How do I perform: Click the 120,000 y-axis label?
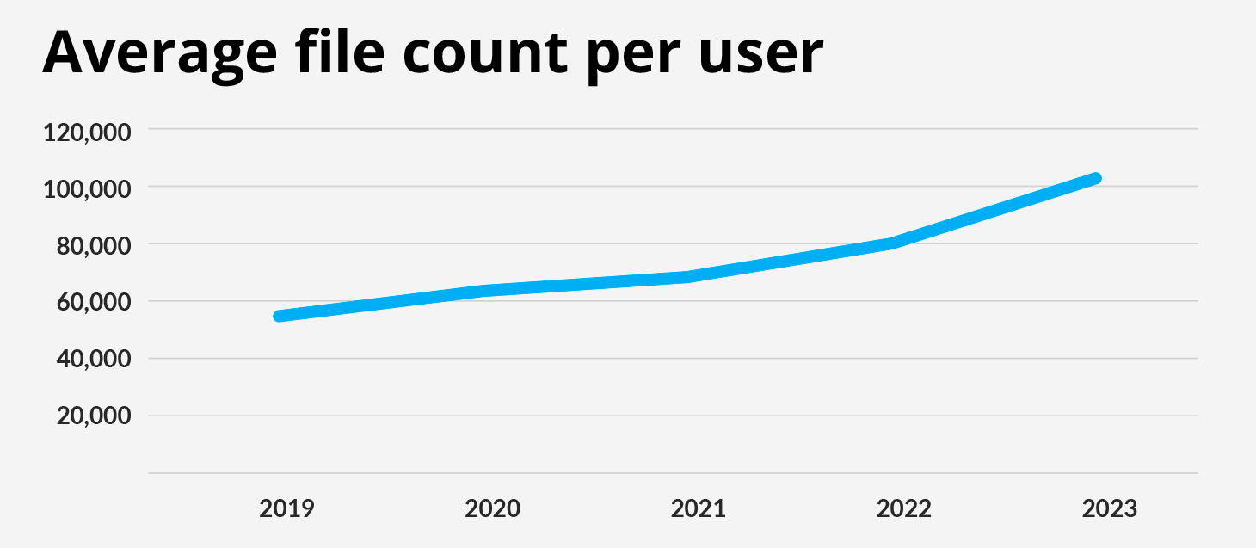pos(88,132)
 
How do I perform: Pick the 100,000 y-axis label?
pos(88,189)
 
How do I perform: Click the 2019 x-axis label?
pos(286,508)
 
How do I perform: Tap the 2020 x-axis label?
pos(492,508)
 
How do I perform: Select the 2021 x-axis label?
pos(698,508)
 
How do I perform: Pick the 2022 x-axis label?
pos(903,508)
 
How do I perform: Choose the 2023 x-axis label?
pos(1109,508)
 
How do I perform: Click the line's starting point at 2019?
pos(279,316)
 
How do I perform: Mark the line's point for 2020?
pos(487,290)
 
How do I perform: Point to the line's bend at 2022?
pos(892,243)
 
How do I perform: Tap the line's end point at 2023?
pos(1096,178)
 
